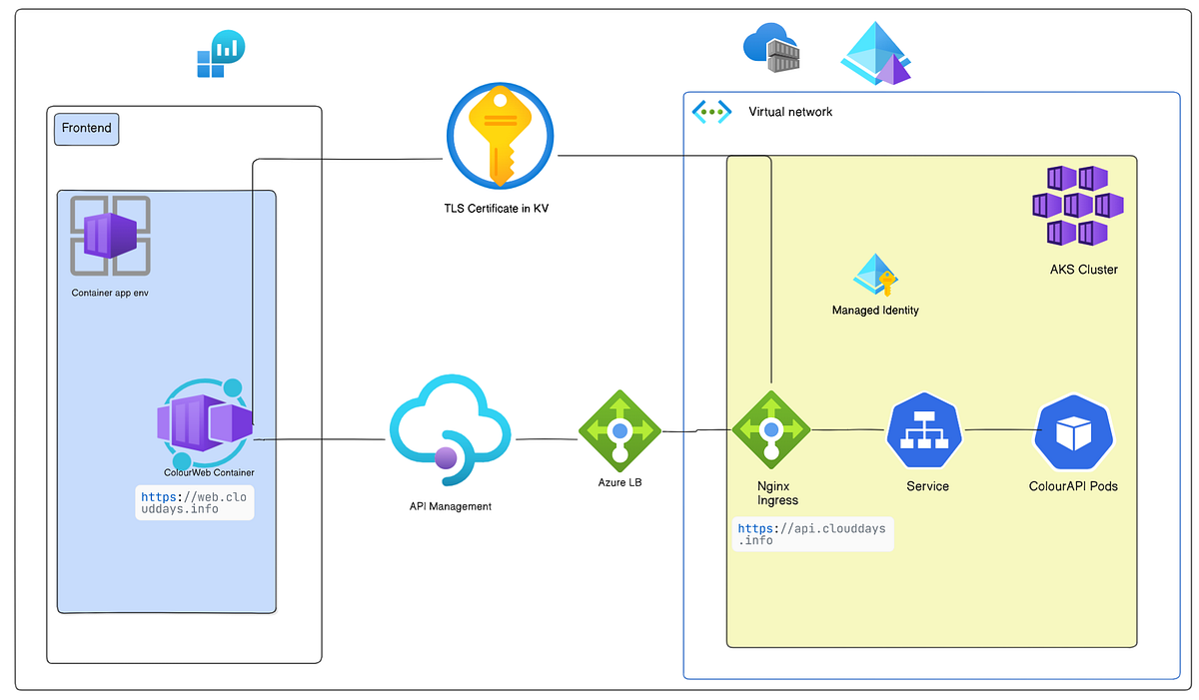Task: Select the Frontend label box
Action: point(86,129)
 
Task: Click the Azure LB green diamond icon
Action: point(619,429)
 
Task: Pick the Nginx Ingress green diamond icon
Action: point(771,429)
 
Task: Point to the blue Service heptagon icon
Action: point(924,430)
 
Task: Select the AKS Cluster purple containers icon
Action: point(1077,206)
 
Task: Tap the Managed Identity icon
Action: point(876,276)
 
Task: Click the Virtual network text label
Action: point(790,112)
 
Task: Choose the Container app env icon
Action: point(110,236)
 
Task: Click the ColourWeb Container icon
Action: point(205,422)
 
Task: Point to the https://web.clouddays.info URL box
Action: point(195,502)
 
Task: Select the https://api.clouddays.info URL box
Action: point(811,534)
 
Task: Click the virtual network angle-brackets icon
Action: point(712,112)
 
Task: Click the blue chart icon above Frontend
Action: point(221,54)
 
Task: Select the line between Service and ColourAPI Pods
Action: point(999,430)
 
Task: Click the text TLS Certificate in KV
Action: point(497,208)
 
